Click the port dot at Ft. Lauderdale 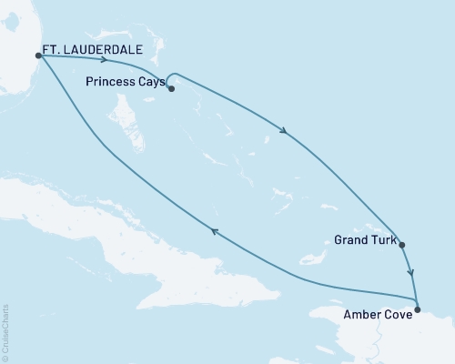tap(38, 55)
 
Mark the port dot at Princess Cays tap(171, 89)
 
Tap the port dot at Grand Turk tap(401, 244)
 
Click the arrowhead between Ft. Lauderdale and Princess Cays tap(108, 61)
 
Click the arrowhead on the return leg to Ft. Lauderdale tap(214, 232)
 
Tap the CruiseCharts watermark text tap(5, 332)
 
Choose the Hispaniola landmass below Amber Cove tap(364, 337)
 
